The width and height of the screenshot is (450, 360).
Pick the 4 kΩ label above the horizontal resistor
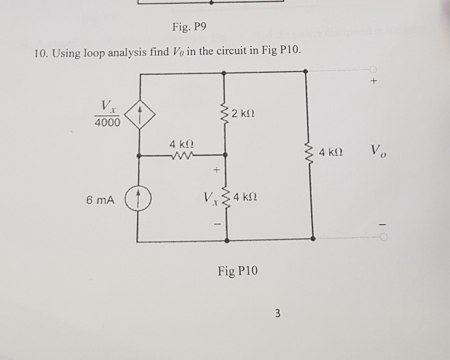coord(181,144)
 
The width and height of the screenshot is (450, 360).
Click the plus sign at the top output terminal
coord(374,84)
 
